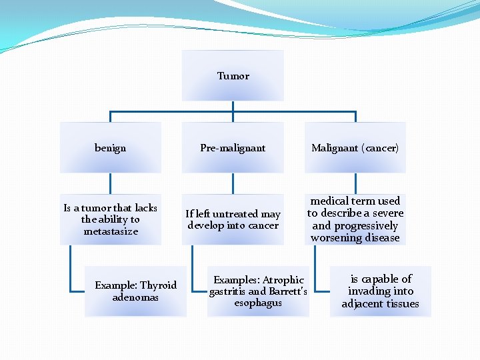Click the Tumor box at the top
233,76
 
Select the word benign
110,148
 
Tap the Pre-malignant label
233,148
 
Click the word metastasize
111,231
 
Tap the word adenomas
135,297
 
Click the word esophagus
258,303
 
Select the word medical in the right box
329,201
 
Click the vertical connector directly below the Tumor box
233,106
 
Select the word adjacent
362,304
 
